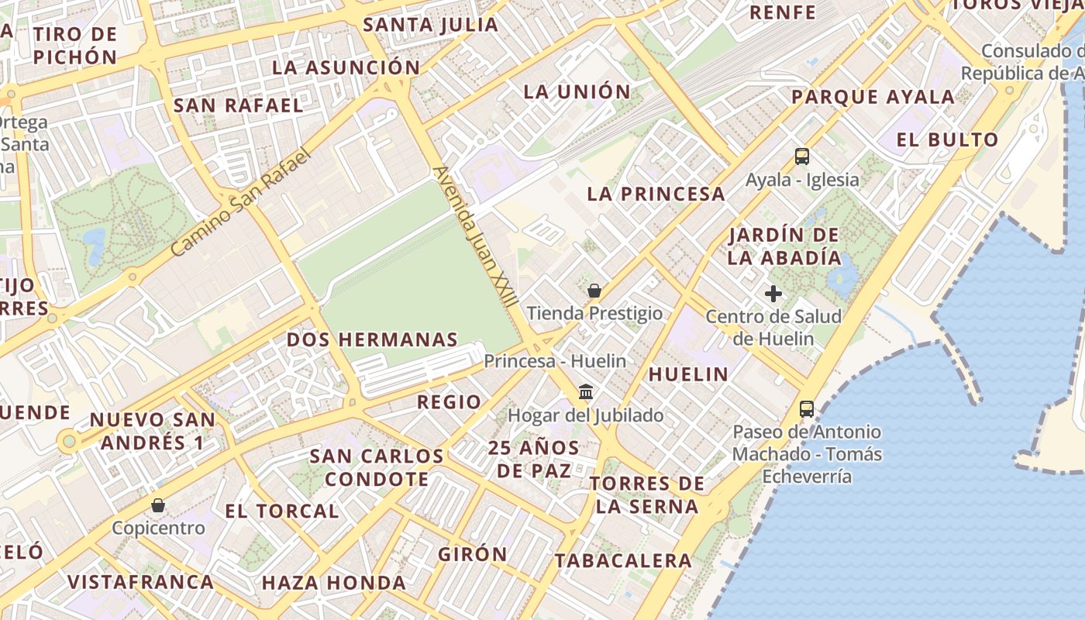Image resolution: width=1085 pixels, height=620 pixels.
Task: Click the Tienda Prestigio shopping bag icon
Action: pyautogui.click(x=594, y=291)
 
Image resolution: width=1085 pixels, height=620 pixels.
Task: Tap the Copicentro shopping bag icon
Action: pyautogui.click(x=158, y=506)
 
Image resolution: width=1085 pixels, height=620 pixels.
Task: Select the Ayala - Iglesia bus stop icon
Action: pyautogui.click(x=802, y=157)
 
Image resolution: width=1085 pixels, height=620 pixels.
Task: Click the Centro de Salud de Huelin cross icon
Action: pyautogui.click(x=773, y=294)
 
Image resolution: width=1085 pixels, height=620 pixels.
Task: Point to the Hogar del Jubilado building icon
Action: pyautogui.click(x=586, y=392)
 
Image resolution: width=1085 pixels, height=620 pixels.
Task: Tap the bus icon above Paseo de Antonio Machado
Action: pyautogui.click(x=807, y=408)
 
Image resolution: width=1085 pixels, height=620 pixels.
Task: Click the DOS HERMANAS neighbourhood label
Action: pyautogui.click(x=372, y=339)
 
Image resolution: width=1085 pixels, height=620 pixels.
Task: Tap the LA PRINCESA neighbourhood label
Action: pyautogui.click(x=656, y=194)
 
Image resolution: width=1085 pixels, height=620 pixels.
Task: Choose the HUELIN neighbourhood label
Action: pyautogui.click(x=688, y=374)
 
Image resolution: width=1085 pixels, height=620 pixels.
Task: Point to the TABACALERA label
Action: pyautogui.click(x=623, y=560)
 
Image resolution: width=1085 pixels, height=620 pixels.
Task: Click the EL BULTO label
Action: pyautogui.click(x=947, y=140)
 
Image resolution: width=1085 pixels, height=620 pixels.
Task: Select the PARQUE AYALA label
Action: pyautogui.click(x=873, y=97)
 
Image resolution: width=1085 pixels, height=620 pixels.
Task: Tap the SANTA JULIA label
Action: pyautogui.click(x=431, y=25)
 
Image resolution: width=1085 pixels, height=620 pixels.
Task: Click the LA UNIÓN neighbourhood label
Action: pyautogui.click(x=577, y=91)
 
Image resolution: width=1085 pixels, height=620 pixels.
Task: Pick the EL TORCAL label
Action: pyautogui.click(x=282, y=511)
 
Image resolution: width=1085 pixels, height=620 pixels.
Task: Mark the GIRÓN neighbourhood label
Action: pyautogui.click(x=473, y=554)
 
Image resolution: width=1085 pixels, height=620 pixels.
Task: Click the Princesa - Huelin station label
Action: pyautogui.click(x=555, y=361)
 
